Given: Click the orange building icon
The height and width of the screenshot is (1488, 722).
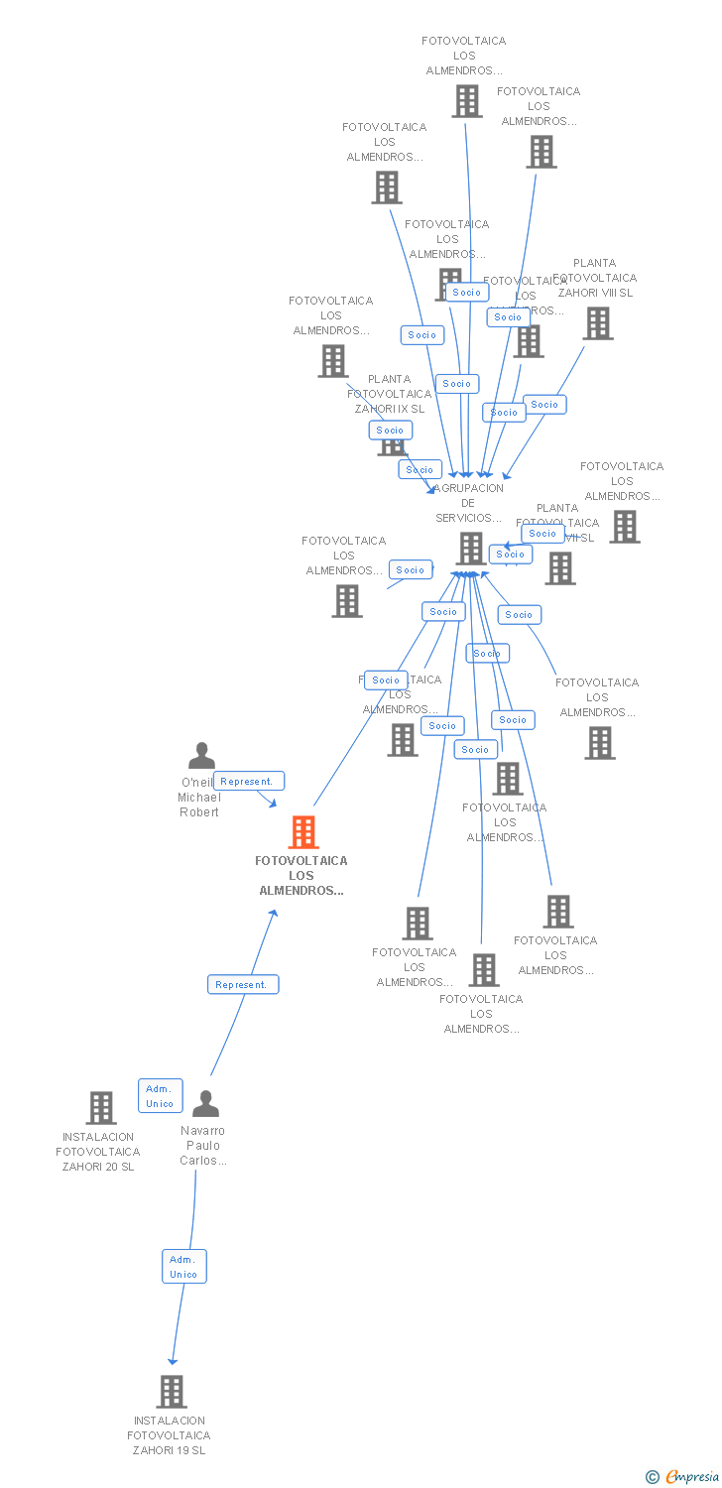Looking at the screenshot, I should point(303,832).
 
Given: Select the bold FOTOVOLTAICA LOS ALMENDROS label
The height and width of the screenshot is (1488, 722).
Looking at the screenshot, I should point(301,876).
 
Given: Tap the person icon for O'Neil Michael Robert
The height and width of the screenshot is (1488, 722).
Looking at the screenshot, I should point(201,757).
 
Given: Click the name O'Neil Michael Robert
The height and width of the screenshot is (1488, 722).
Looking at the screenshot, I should point(199,798).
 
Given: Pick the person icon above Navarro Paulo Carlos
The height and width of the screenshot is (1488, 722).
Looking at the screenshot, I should point(205,1104).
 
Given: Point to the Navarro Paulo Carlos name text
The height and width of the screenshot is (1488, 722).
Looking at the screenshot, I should point(203,1146).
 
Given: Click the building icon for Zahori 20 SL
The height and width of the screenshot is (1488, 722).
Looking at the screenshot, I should point(101,1108).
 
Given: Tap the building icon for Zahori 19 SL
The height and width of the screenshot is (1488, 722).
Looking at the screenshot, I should point(172,1391).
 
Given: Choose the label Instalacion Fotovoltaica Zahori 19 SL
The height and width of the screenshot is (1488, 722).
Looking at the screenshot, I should point(169,1435).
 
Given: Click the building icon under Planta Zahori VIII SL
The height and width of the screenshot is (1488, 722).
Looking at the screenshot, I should point(597,323).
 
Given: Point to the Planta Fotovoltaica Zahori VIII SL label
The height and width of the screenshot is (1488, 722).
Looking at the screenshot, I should point(595,278).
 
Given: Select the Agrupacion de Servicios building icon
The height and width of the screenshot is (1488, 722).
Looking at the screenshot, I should point(471,549).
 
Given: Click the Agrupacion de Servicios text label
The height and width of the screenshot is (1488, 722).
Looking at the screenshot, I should point(469,503).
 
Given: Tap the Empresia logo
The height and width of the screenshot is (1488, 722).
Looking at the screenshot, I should point(691,1477).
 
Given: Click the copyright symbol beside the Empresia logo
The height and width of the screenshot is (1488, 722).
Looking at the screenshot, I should point(652,1477).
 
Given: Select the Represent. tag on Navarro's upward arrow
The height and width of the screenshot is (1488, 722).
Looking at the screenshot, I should point(243,985).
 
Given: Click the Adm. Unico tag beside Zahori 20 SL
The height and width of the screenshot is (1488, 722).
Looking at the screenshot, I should point(160,1096).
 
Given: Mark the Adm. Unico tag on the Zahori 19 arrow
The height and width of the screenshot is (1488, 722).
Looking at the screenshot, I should point(184,1267).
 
